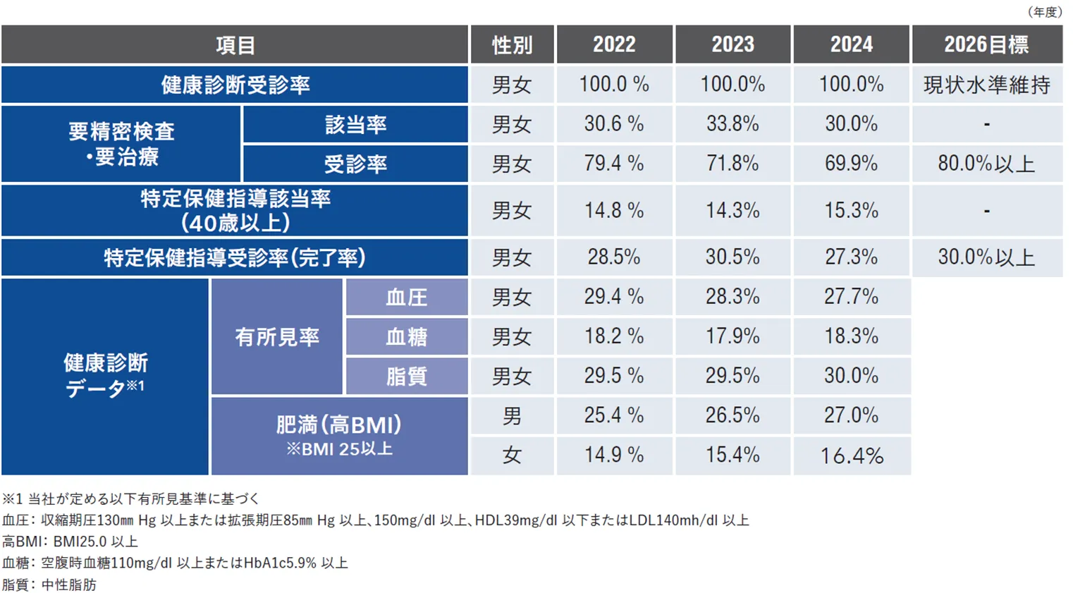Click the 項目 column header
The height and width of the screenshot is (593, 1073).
pos(235,44)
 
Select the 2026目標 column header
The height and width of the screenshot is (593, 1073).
pos(987,44)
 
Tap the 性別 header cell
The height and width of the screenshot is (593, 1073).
pos(512,44)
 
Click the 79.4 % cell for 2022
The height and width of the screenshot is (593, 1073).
pos(614,164)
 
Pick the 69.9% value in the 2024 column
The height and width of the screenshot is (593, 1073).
pos(851,164)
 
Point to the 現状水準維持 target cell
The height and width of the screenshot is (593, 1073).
pos(987,85)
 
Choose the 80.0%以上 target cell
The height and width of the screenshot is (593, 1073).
pos(987,164)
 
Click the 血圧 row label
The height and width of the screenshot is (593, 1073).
pos(407,297)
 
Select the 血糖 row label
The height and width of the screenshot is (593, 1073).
pos(407,336)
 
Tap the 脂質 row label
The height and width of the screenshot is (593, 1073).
pos(407,376)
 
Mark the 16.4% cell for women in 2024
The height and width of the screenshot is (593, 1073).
pos(851,455)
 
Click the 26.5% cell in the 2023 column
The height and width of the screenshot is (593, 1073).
pos(732,415)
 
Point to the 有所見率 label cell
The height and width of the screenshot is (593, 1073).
pos(277,337)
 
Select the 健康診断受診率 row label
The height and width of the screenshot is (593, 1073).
pos(235,85)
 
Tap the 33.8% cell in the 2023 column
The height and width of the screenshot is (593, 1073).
pos(732,124)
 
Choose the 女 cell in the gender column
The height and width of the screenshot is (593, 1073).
pos(512,455)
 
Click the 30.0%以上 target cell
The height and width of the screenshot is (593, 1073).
pos(987,257)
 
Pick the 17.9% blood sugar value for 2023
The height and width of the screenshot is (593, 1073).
pos(732,336)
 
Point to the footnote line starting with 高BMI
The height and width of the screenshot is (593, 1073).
pos(70,542)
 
